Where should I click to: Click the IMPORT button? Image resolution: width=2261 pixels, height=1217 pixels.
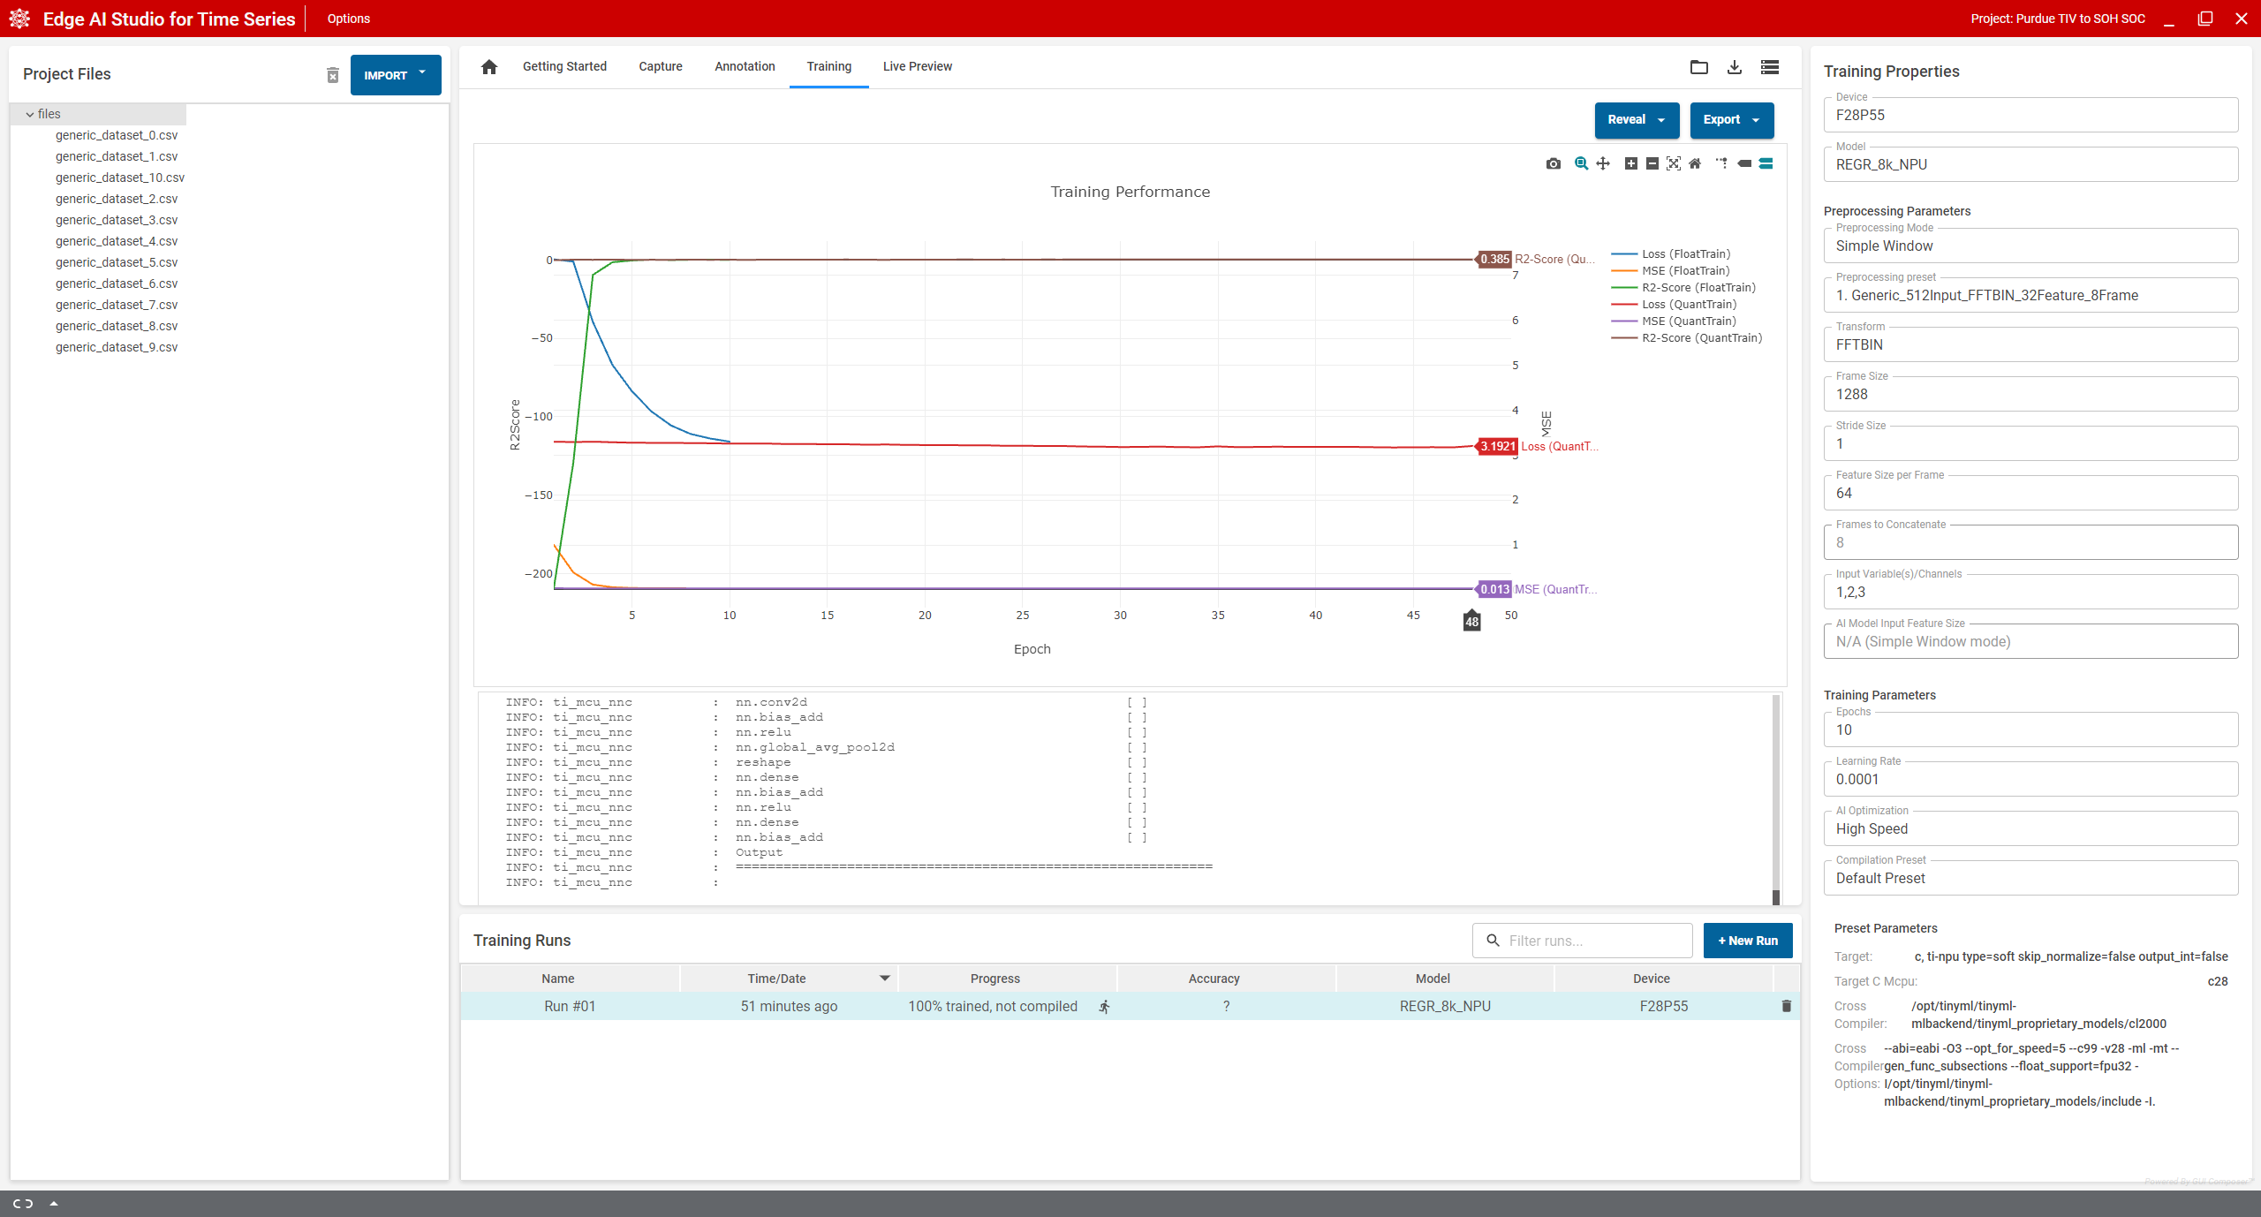click(x=395, y=75)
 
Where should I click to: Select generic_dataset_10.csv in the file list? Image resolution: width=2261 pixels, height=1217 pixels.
click(x=120, y=178)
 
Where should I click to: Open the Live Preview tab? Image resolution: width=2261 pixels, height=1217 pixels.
click(x=917, y=66)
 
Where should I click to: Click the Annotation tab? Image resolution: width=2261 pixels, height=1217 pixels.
click(x=745, y=66)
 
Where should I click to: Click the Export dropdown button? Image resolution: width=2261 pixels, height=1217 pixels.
click(x=1731, y=120)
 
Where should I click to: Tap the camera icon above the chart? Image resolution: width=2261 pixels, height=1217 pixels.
click(x=1554, y=163)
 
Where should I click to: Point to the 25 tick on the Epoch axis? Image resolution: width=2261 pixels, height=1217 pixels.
click(x=1023, y=616)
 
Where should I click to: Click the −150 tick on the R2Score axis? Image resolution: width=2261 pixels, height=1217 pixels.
click(x=539, y=495)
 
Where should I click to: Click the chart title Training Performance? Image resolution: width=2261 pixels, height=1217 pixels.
click(x=1130, y=192)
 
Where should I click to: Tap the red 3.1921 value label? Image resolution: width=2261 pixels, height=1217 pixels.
click(x=1497, y=447)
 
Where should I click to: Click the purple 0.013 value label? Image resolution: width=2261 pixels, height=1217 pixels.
click(x=1494, y=589)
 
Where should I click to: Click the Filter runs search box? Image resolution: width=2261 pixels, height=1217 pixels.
click(x=1582, y=941)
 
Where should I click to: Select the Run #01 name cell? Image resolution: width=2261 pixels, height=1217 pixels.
click(x=570, y=1006)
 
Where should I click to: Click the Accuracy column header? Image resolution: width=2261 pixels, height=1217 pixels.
click(x=1214, y=979)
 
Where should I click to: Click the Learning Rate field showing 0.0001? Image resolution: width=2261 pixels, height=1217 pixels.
click(x=2030, y=779)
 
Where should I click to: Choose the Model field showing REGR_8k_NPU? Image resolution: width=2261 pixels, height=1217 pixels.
click(x=2030, y=164)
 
